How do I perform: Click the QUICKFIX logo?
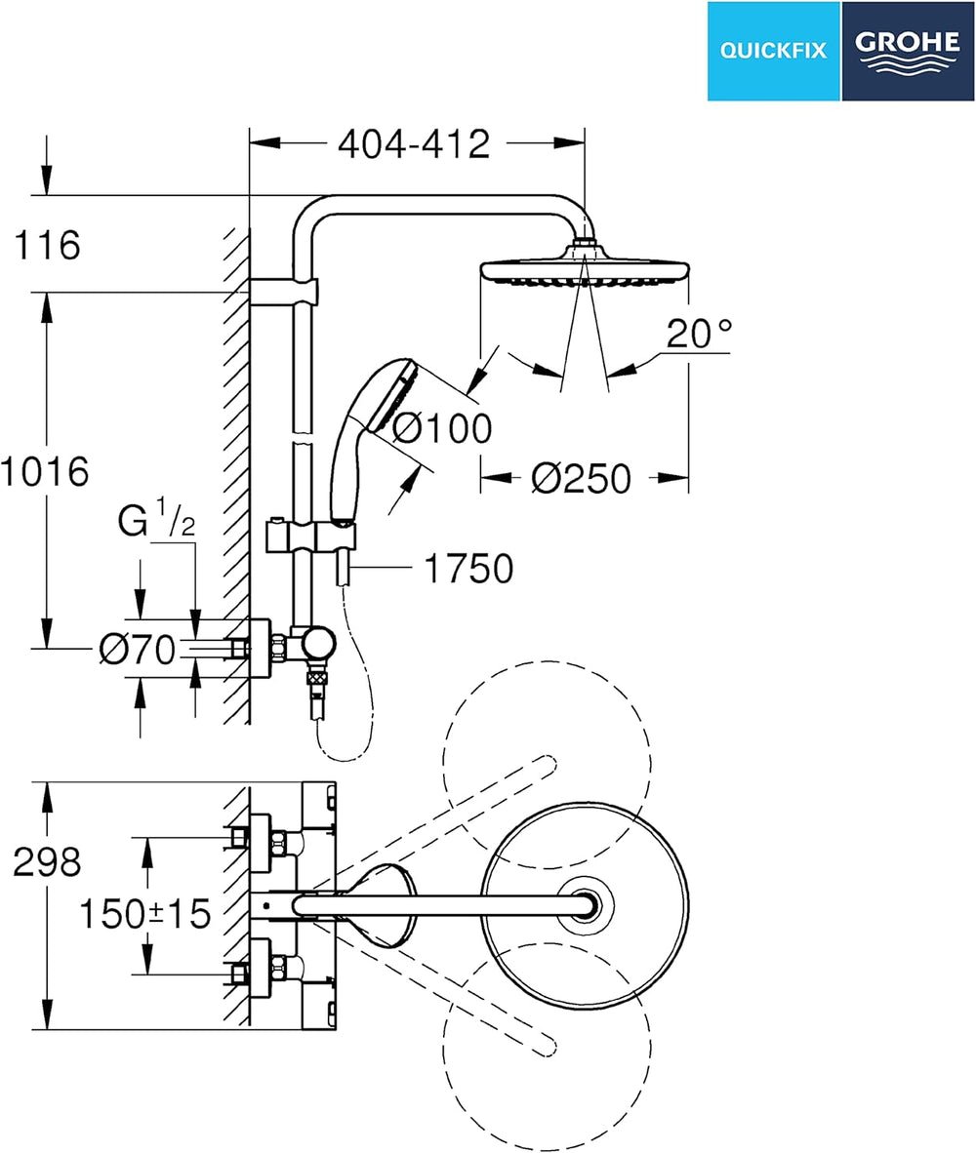point(774,51)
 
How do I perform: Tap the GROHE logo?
point(908,51)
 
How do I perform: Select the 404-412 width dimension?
point(414,144)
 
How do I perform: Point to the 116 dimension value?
point(48,245)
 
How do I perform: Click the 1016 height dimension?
point(45,470)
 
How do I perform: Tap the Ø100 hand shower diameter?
point(442,428)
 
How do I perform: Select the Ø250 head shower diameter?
point(582,479)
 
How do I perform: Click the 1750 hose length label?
point(469,569)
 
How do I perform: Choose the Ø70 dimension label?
point(138,650)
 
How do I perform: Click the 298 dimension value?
point(47,861)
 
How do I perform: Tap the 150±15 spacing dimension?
point(144,914)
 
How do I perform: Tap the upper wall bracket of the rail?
point(284,292)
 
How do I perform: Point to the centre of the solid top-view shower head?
point(586,905)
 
